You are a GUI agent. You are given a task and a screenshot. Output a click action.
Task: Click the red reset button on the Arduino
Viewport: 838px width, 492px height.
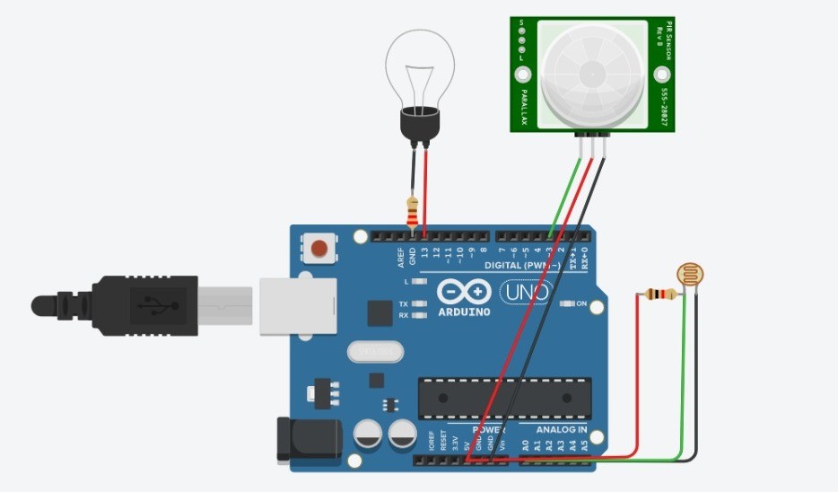tap(317, 247)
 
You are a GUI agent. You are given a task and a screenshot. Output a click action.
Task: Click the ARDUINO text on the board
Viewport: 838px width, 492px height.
tap(465, 312)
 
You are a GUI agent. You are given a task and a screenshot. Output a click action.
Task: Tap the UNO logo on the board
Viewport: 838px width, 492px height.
tap(526, 292)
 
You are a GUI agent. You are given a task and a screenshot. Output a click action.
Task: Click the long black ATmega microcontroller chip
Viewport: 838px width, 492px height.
tap(508, 398)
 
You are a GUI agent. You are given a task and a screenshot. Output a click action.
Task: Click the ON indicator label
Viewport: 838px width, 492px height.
tap(581, 304)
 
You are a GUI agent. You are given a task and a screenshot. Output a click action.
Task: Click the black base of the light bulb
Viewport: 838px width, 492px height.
tap(419, 124)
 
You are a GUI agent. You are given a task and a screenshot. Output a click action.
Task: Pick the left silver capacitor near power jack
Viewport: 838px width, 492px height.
tap(370, 437)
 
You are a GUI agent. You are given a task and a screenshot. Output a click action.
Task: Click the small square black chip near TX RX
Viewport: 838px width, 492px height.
tap(380, 312)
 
